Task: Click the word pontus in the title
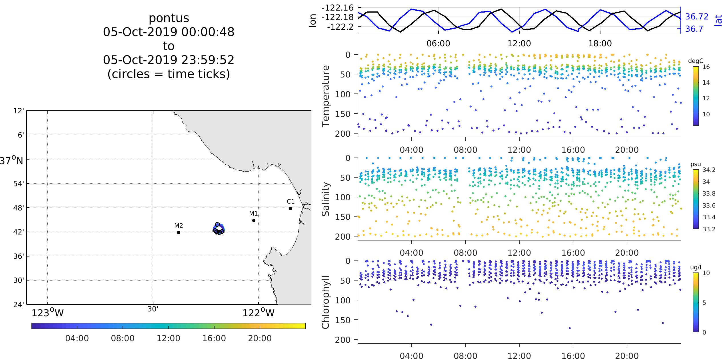[169, 18]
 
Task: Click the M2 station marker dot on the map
[179, 232]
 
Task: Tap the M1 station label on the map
[253, 214]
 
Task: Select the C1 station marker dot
[291, 208]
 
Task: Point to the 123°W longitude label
[47, 313]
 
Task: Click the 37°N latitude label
[11, 161]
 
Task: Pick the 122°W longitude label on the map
[258, 313]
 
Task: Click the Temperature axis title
[326, 96]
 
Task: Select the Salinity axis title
[326, 199]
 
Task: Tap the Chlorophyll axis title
[326, 302]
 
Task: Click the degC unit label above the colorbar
[696, 61]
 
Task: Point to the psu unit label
[696, 164]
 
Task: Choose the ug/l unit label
[696, 268]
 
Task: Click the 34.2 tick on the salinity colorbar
[709, 170]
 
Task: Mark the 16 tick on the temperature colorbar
[706, 67]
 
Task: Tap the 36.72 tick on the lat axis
[697, 17]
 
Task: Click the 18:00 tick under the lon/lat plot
[600, 43]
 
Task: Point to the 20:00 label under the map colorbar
[260, 339]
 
